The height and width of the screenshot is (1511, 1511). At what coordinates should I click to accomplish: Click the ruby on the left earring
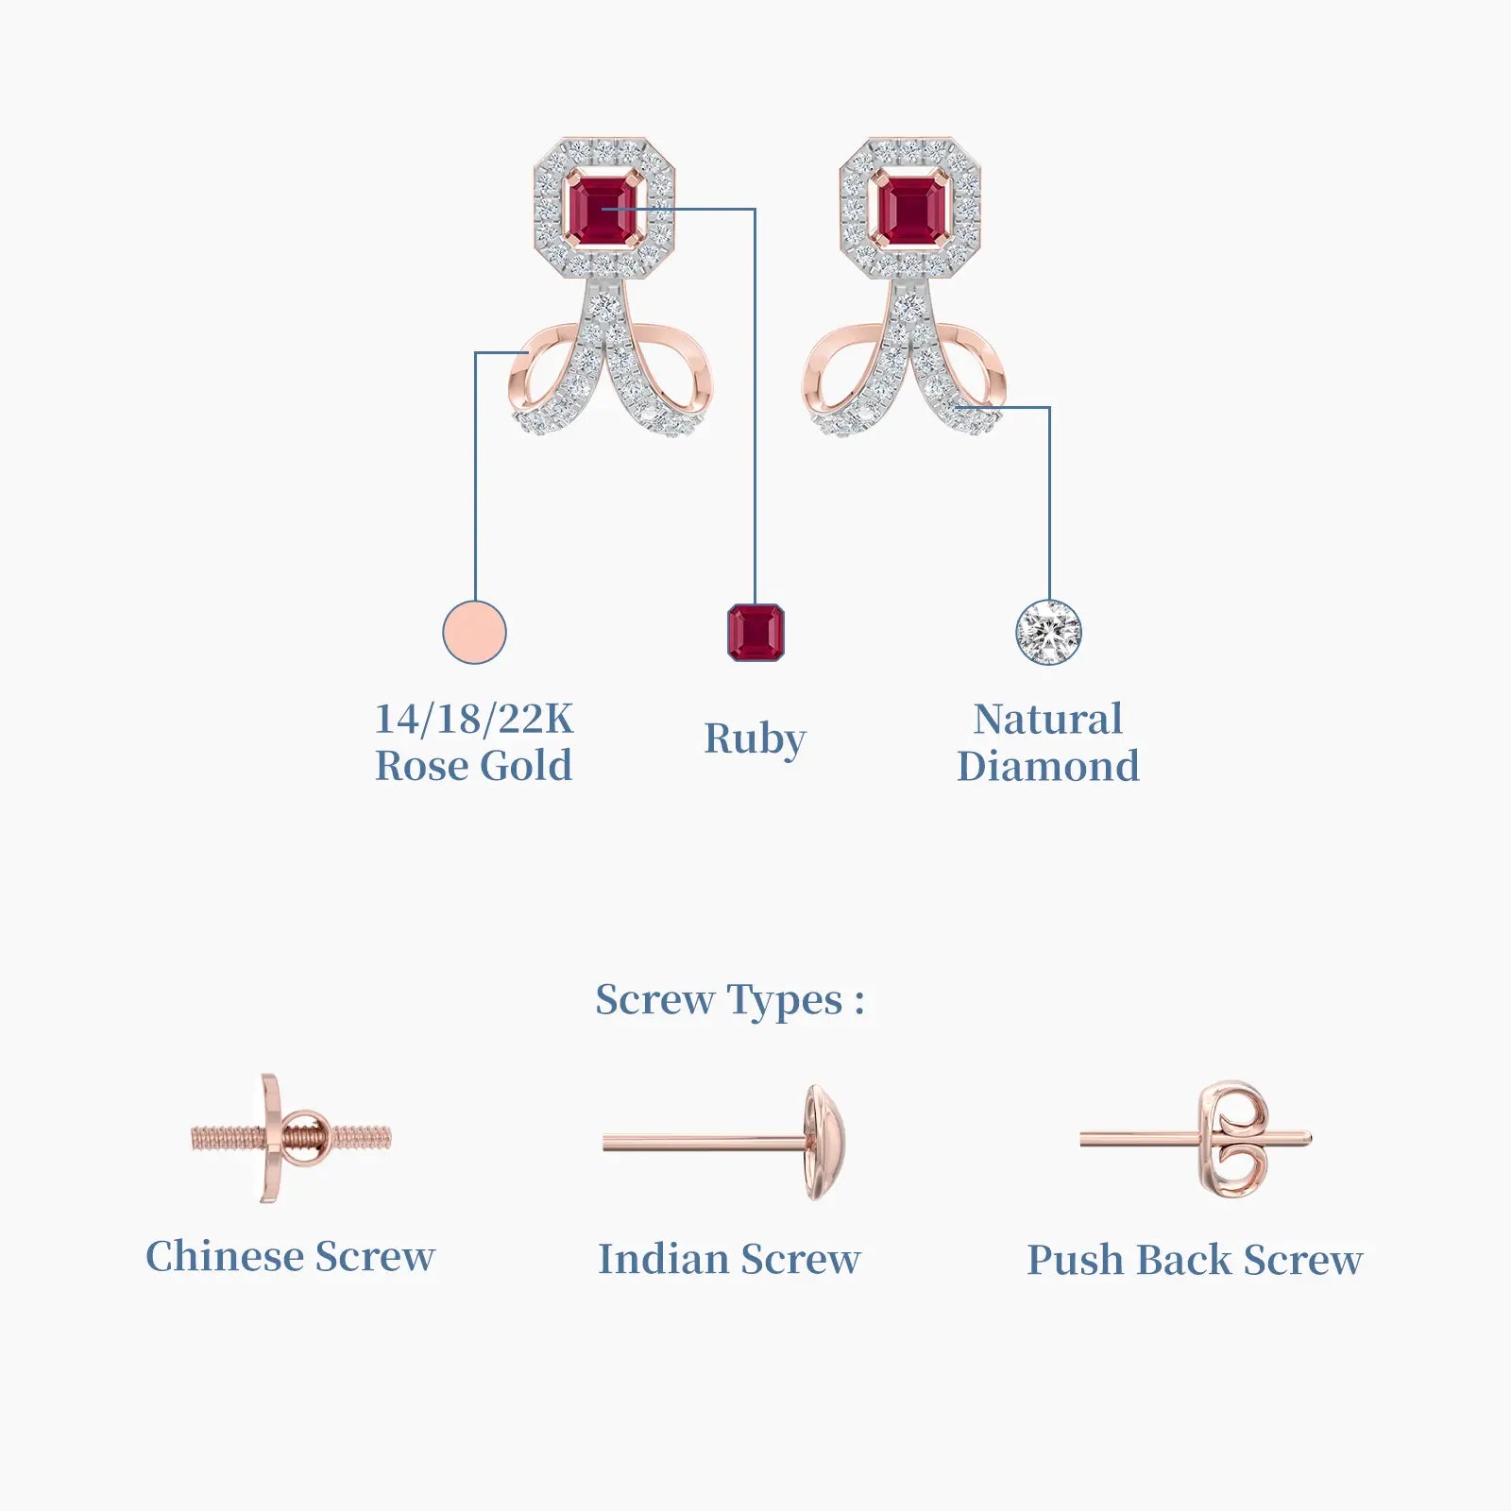tap(603, 209)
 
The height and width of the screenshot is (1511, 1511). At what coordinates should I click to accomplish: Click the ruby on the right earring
tap(910, 209)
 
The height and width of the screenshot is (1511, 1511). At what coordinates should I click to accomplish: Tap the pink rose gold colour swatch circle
tap(474, 632)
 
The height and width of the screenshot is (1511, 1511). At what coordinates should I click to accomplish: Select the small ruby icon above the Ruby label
tap(755, 632)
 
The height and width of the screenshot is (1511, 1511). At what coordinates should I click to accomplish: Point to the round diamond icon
tap(1048, 632)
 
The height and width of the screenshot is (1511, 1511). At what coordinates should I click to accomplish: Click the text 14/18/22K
tap(474, 719)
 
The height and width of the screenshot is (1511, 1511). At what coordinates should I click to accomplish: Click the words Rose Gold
tap(474, 766)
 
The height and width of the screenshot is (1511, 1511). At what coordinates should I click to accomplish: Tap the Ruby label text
tap(755, 739)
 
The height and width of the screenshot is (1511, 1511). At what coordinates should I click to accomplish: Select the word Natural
tap(1048, 719)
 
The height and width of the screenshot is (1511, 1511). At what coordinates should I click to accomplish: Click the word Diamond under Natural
tap(1048, 766)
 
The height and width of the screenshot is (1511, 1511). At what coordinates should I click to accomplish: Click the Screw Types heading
tap(730, 1001)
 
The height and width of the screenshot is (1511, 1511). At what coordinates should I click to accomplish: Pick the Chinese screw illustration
tap(291, 1138)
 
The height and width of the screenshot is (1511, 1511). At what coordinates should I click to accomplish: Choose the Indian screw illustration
tap(724, 1143)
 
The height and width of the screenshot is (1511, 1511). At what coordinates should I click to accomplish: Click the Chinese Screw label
tap(291, 1257)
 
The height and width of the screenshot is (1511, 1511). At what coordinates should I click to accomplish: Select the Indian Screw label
tap(730, 1260)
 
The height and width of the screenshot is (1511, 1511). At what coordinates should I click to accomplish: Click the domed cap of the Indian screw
tap(824, 1143)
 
